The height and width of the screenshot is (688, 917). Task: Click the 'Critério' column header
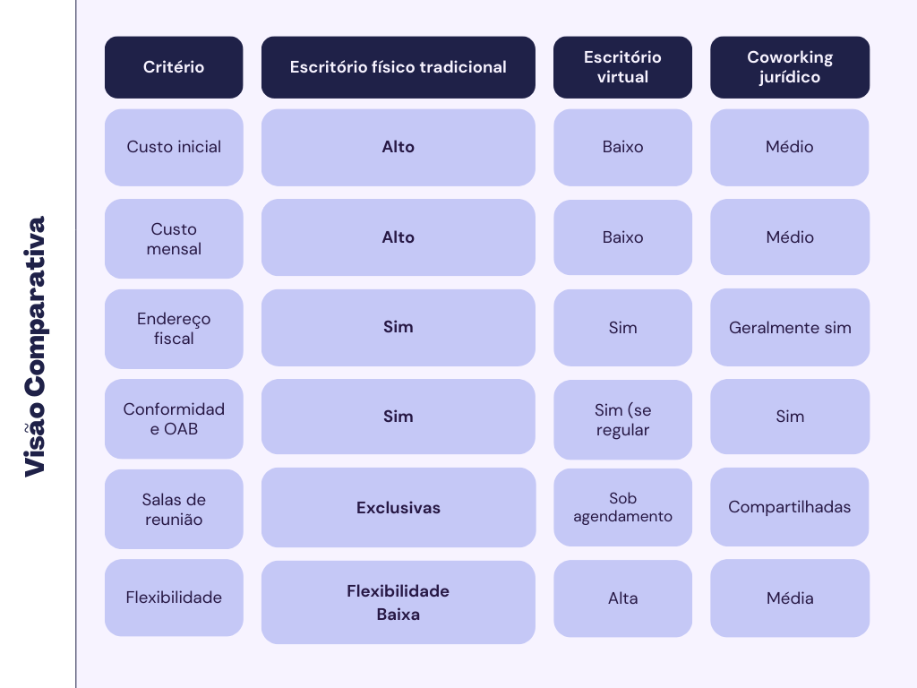click(x=174, y=67)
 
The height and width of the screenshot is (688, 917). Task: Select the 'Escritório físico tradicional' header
click(x=398, y=67)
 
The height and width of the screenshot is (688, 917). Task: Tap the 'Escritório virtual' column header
click(x=622, y=67)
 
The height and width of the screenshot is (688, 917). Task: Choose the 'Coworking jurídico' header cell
click(x=790, y=67)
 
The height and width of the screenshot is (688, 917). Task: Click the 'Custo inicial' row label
click(x=174, y=147)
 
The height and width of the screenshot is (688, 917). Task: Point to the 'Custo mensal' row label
click(x=174, y=238)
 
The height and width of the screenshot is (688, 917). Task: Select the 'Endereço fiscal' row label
click(x=174, y=329)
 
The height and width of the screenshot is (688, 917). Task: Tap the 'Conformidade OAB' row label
click(x=174, y=418)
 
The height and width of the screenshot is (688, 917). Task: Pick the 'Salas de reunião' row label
click(x=174, y=509)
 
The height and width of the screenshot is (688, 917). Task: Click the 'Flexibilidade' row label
click(x=174, y=598)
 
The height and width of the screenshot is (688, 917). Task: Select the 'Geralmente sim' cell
click(x=790, y=327)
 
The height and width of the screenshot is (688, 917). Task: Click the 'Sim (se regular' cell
click(x=622, y=419)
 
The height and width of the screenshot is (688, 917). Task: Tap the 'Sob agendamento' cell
click(x=622, y=507)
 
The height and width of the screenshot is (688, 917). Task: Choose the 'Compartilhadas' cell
click(x=790, y=507)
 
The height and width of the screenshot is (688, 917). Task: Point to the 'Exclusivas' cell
click(x=398, y=508)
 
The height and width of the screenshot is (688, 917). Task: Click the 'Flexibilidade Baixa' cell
click(x=398, y=602)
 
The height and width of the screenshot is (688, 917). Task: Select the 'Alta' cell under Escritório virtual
click(x=622, y=598)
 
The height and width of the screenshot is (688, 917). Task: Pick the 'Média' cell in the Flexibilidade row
click(x=790, y=598)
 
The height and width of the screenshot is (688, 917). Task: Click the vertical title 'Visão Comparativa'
click(x=34, y=346)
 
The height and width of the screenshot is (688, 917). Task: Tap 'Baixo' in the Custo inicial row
click(x=622, y=147)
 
